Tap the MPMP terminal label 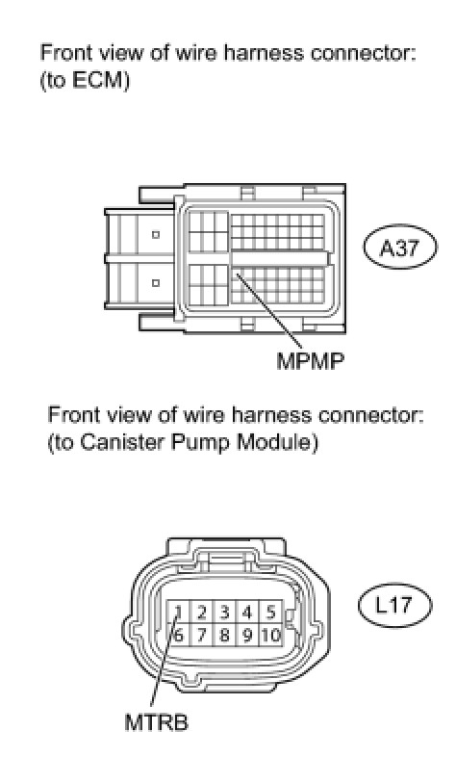[x=311, y=361]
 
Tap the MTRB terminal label [x=156, y=722]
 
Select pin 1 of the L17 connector [x=178, y=612]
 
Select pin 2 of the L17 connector [x=201, y=612]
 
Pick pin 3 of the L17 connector [x=224, y=612]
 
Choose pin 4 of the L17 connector [x=247, y=612]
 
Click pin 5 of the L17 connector [x=270, y=612]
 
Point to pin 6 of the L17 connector [x=178, y=635]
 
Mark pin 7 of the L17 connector [x=201, y=635]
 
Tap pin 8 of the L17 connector [x=224, y=635]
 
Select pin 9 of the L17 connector [x=247, y=635]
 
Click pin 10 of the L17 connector [x=270, y=635]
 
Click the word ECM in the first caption [x=97, y=80]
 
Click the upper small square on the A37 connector [x=155, y=234]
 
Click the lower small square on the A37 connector [x=155, y=283]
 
